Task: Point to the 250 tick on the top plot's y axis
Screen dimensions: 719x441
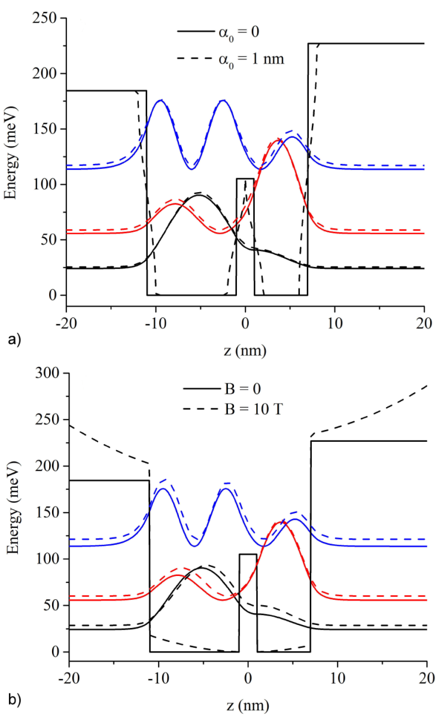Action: click(45, 19)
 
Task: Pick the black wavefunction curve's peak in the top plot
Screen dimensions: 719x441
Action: click(198, 195)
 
